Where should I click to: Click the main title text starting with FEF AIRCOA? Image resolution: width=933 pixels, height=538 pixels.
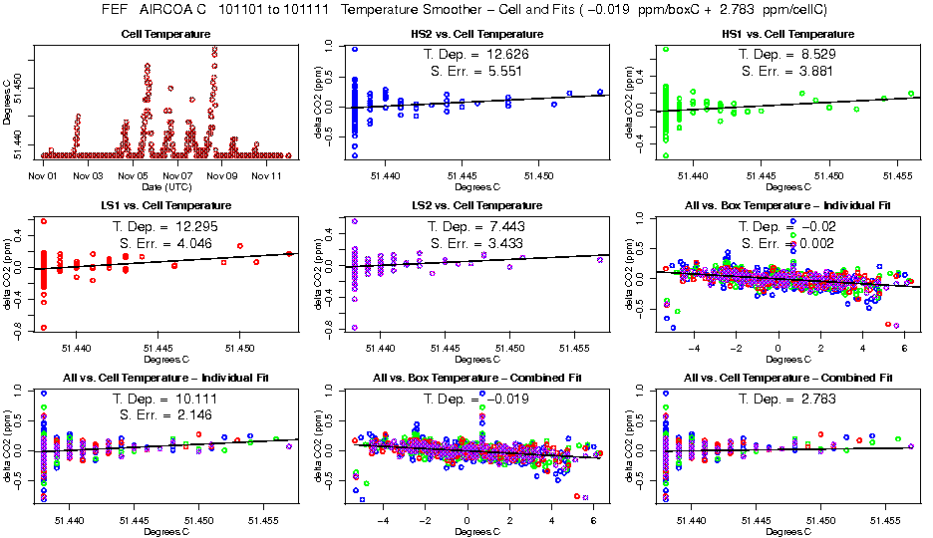click(465, 9)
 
